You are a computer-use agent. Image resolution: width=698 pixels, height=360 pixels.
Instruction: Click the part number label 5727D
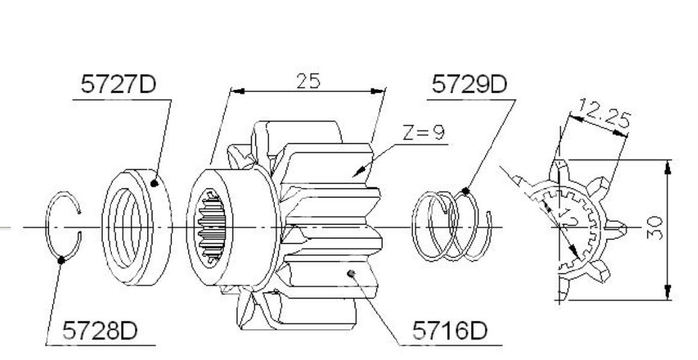pos(118,84)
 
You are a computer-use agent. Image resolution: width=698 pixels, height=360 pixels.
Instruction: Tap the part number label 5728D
pos(100,331)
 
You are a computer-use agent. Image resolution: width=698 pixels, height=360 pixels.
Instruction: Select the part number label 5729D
pos(469,84)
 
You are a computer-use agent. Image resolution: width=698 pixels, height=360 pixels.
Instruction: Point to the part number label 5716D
pos(450,331)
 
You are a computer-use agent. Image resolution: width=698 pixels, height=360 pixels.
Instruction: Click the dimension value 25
pos(308,81)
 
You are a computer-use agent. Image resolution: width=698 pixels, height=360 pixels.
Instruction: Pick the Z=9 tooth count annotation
pos(423,133)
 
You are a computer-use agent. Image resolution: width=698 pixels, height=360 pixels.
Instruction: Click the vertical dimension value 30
pos(655,228)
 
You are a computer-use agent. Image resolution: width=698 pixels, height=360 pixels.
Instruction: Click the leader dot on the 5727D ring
pos(154,183)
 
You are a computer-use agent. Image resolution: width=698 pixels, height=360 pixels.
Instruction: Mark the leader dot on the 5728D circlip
pos(61,260)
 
